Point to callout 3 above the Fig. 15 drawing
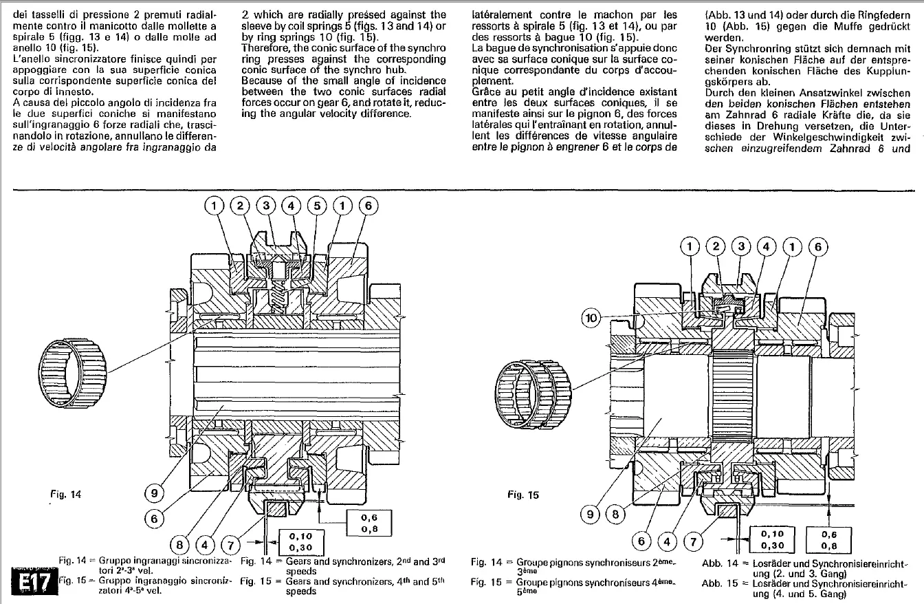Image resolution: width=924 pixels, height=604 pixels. pyautogui.click(x=741, y=246)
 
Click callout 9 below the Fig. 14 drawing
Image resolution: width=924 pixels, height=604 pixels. pyautogui.click(x=154, y=493)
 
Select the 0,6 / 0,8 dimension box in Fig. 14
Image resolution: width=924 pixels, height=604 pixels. pyautogui.click(x=368, y=524)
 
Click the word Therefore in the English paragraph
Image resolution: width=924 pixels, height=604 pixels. pyautogui.click(x=265, y=47)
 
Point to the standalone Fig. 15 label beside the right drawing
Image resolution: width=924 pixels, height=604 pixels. pyautogui.click(x=522, y=494)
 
